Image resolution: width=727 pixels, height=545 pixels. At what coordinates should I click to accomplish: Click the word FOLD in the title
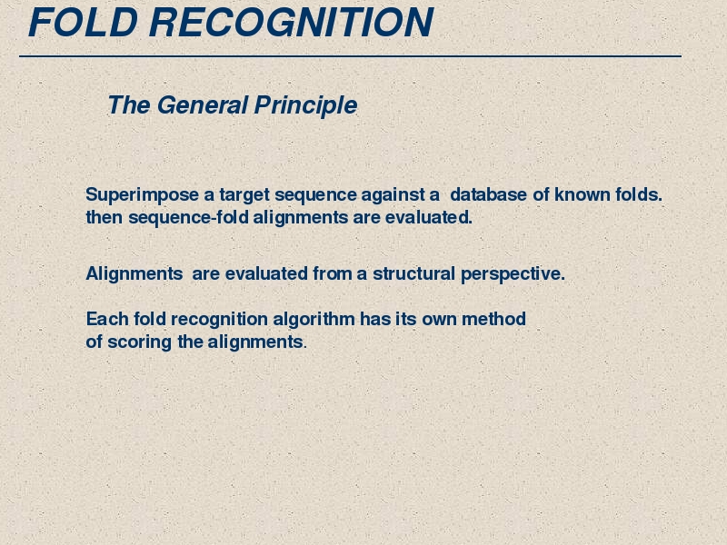click(x=84, y=22)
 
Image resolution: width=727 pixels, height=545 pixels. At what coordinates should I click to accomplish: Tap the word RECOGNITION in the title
click(x=291, y=22)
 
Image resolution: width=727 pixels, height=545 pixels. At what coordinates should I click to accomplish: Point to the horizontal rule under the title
click(x=350, y=56)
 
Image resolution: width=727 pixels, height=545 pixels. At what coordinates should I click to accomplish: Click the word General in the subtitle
click(x=203, y=104)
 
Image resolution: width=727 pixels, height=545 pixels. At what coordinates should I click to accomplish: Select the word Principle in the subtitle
click(x=306, y=105)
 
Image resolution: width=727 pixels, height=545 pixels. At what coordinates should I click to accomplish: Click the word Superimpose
click(x=143, y=195)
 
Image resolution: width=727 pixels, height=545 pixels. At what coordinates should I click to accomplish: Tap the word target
click(x=244, y=195)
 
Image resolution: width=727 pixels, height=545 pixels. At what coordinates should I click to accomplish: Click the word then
click(x=105, y=217)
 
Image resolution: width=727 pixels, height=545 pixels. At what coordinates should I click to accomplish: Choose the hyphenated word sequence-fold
click(x=189, y=218)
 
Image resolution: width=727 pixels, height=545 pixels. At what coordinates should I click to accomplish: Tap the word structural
click(x=413, y=273)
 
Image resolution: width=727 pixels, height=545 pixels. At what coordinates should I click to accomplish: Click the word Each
click(x=107, y=319)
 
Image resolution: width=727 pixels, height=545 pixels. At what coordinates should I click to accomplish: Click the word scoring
click(x=140, y=342)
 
